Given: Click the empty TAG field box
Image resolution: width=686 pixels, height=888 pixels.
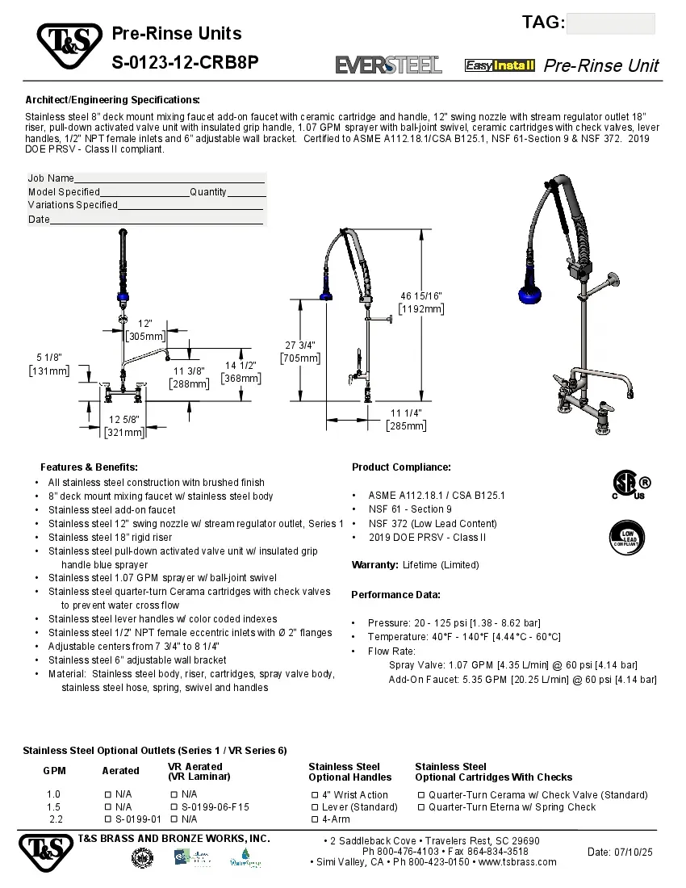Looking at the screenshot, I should [x=610, y=23].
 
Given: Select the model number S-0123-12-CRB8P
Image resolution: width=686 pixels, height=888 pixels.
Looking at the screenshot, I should [x=185, y=61].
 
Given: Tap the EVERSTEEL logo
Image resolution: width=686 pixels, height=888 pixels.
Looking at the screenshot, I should [x=388, y=65].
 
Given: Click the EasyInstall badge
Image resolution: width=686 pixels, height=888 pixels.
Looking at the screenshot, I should [x=500, y=65].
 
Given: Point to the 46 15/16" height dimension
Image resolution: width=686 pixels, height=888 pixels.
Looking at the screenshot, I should [x=421, y=302].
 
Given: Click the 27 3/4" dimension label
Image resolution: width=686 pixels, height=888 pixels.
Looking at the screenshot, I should [x=300, y=351].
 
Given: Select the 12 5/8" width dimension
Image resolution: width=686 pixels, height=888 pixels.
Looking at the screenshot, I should [x=124, y=425].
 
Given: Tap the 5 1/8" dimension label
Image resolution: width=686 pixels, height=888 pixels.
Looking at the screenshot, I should [x=49, y=364].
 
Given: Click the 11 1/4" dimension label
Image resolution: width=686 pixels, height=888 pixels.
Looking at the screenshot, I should [x=407, y=419].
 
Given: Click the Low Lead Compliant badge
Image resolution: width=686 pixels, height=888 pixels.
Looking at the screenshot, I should [x=627, y=536].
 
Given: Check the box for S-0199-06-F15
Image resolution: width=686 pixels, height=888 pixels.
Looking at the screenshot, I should [x=174, y=806].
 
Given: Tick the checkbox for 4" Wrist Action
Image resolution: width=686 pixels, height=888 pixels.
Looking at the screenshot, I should [x=315, y=795].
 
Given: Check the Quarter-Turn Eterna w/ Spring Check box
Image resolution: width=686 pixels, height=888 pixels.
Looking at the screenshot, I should [x=421, y=806].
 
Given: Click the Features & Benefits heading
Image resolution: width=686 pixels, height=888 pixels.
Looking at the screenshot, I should [x=89, y=467].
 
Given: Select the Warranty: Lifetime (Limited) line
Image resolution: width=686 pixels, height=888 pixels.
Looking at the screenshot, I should [x=415, y=565].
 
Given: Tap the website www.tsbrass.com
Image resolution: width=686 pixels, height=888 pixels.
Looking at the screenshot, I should [x=517, y=862].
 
